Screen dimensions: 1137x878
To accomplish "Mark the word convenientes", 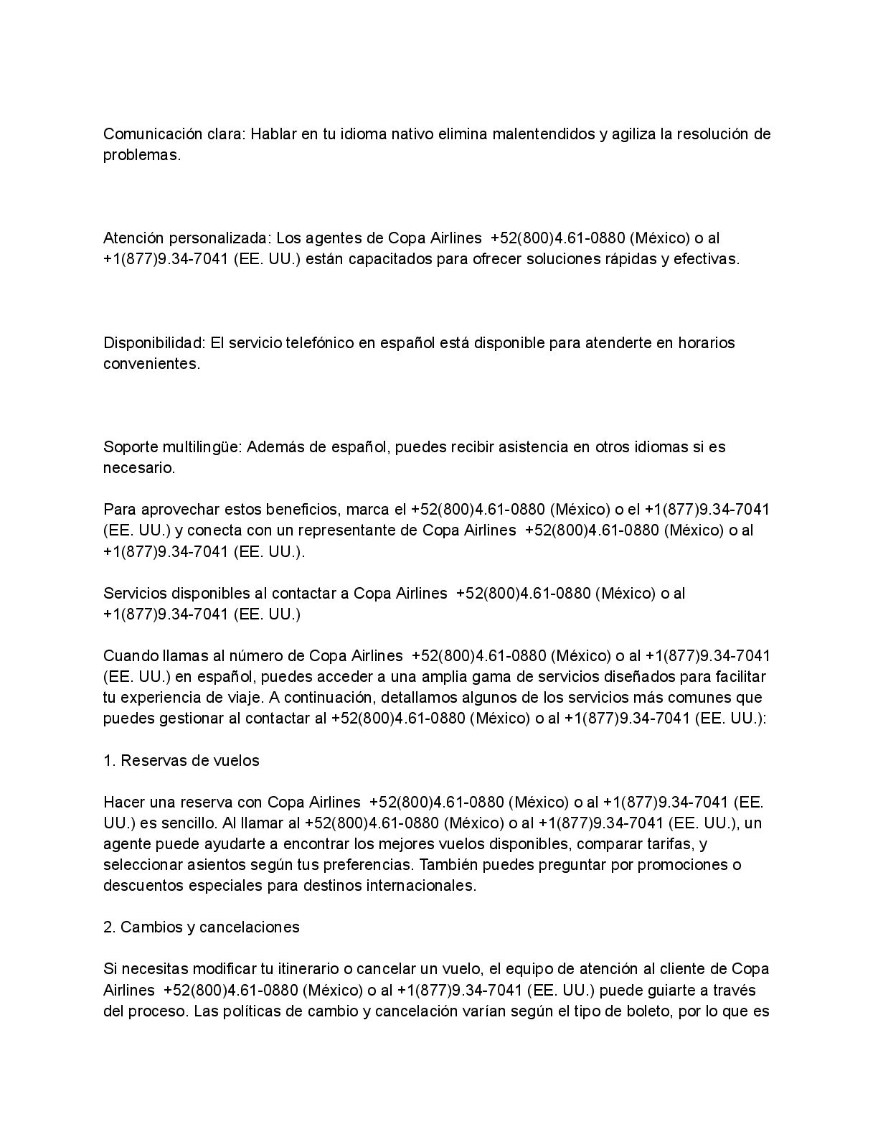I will (151, 364).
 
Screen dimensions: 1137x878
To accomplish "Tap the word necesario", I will (138, 468).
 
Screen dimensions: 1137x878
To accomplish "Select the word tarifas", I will (666, 843).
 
